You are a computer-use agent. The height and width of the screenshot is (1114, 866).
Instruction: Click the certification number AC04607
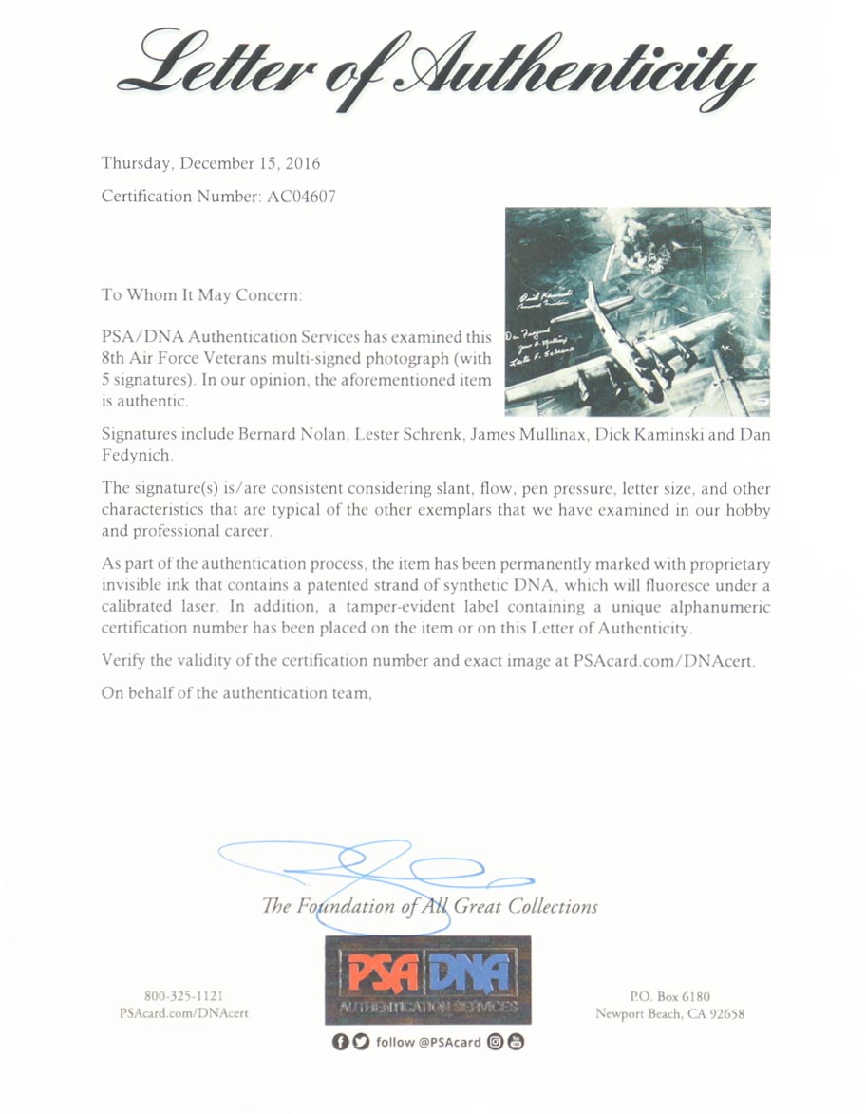[x=297, y=198]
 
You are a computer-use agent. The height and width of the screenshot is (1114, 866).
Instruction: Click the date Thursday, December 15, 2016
[x=211, y=163]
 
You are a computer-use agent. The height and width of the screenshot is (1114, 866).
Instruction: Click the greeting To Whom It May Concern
[x=201, y=294]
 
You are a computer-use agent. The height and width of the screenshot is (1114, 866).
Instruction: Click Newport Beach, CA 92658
[x=669, y=1013]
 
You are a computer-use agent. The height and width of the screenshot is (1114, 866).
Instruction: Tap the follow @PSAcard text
[x=429, y=1042]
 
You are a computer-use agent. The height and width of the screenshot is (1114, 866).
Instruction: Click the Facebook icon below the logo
[x=341, y=1042]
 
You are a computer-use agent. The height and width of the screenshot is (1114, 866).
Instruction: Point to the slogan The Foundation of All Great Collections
[x=429, y=906]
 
